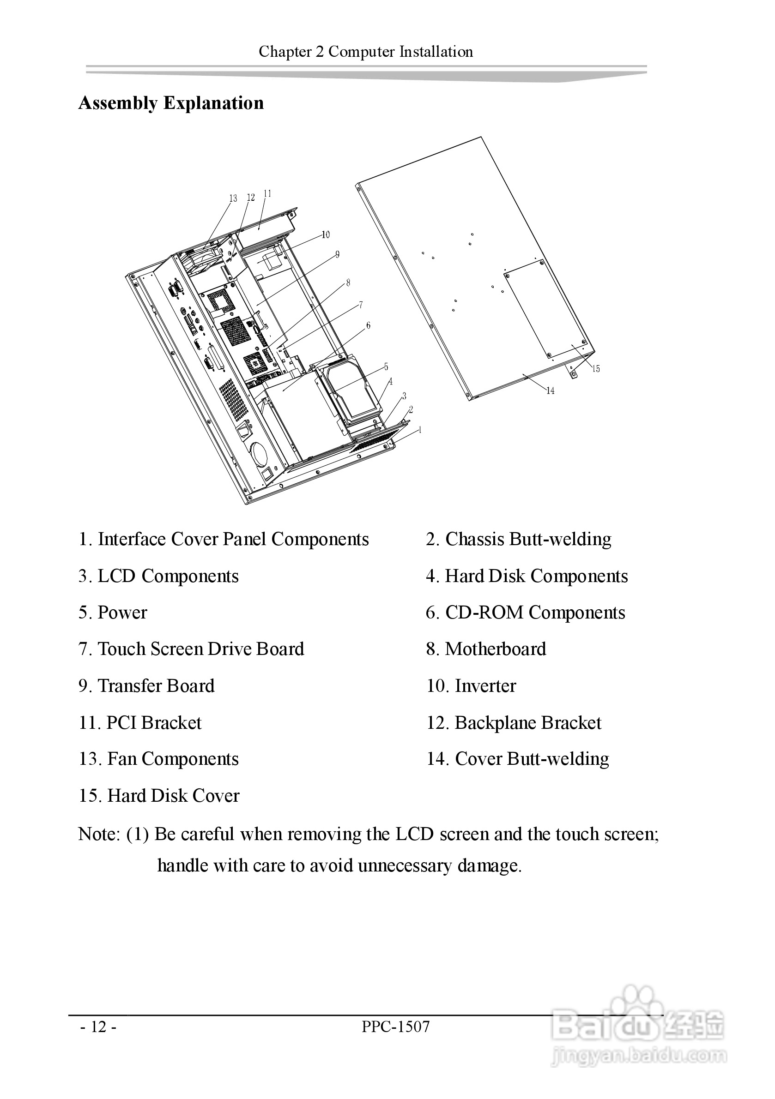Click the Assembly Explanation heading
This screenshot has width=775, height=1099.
171,103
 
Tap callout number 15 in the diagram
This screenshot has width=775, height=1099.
596,369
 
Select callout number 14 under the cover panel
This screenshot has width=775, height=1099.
551,391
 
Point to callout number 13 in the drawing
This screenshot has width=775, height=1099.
233,198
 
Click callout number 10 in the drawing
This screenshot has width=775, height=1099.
326,234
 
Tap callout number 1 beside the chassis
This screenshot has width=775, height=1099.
420,430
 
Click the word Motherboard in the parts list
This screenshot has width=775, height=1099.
495,649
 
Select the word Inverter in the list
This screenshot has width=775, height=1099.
485,686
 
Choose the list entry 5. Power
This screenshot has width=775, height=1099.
113,613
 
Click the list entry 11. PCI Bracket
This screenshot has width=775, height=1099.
140,723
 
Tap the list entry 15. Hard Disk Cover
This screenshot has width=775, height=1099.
159,796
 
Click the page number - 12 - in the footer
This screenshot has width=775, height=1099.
98,1027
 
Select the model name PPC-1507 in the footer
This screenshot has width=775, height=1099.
396,1027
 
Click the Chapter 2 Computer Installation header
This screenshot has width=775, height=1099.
366,52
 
